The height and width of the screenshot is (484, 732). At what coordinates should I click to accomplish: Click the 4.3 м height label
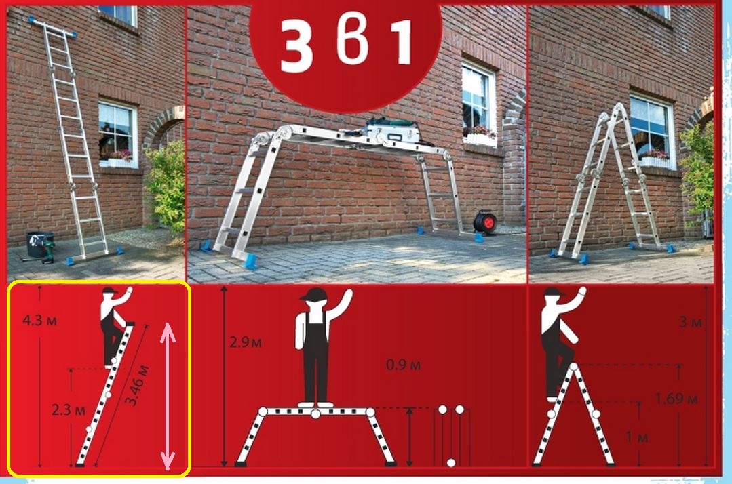point(39,321)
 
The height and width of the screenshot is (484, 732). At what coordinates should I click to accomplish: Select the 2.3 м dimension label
point(68,410)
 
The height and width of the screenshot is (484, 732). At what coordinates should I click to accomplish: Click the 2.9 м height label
point(246,343)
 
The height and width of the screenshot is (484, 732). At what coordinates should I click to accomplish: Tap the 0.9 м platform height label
point(404,364)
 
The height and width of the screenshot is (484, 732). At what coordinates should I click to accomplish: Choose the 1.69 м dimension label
point(676,399)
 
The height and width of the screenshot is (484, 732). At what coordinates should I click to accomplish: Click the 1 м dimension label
point(637,437)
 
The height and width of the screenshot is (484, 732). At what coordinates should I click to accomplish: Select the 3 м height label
point(691,322)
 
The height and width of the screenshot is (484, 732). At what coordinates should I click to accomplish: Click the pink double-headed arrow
point(168,397)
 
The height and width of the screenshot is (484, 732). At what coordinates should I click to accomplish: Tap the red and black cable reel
point(485,222)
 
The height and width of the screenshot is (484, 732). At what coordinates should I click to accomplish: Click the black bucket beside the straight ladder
point(37,244)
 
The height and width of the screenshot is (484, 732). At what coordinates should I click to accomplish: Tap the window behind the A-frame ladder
point(652,131)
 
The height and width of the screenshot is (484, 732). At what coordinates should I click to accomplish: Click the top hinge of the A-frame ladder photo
point(619,110)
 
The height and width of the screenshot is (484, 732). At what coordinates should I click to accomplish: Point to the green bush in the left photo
point(166,186)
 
